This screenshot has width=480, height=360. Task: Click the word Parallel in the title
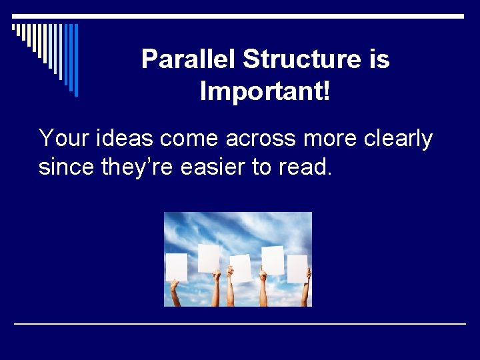(x=189, y=59)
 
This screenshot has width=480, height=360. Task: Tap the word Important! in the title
(x=265, y=91)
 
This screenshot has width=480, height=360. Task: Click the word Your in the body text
(x=63, y=138)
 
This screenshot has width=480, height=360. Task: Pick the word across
(x=261, y=138)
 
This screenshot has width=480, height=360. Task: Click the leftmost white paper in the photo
(x=177, y=267)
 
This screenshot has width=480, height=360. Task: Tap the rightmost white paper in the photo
(x=297, y=268)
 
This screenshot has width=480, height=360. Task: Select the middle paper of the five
(x=241, y=268)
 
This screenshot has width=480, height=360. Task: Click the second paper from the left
(x=209, y=258)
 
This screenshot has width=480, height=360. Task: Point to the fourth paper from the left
(x=273, y=260)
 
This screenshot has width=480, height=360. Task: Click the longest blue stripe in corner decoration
(x=76, y=60)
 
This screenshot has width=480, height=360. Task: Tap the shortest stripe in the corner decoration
(x=14, y=29)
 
